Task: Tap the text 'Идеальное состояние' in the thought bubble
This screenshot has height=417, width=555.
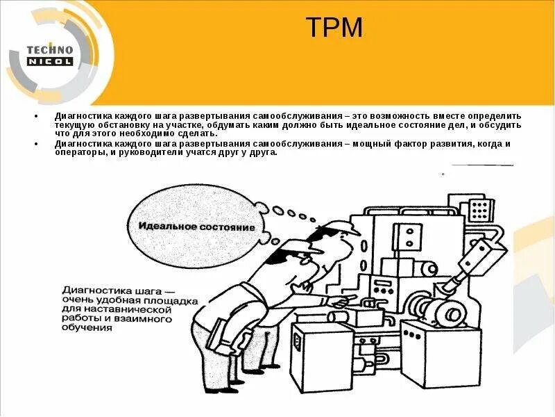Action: point(196,227)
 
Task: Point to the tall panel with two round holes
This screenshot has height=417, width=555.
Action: point(404,235)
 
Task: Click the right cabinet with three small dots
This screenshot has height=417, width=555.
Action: point(450,354)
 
